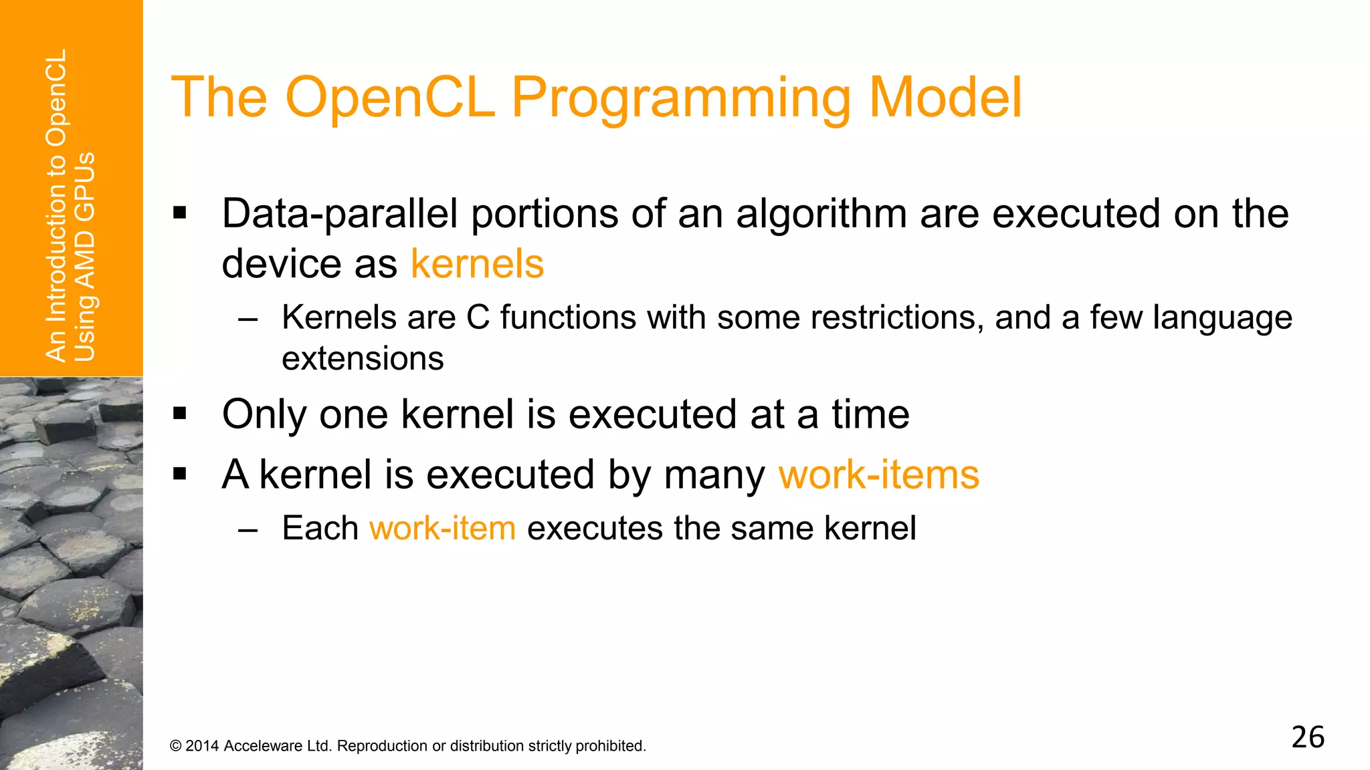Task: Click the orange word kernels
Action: (477, 264)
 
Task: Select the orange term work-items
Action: (879, 475)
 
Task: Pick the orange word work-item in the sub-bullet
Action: (442, 528)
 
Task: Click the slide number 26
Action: (1307, 737)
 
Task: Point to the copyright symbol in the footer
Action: (176, 746)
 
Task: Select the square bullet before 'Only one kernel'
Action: (179, 414)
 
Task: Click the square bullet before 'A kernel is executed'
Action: (179, 474)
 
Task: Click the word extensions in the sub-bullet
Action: (363, 359)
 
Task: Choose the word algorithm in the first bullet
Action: (821, 215)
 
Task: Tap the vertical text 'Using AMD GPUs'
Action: (85, 257)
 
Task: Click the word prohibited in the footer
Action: (611, 746)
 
